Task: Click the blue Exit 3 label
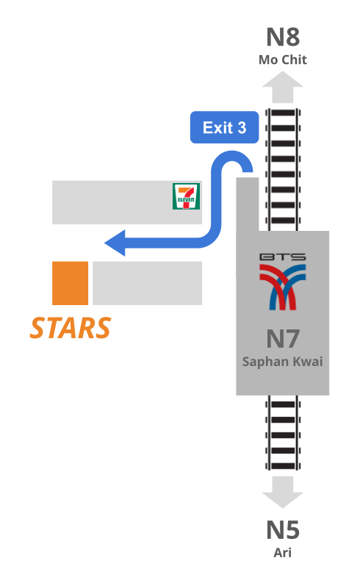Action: (x=224, y=127)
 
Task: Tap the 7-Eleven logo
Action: (x=186, y=196)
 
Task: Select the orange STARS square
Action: (x=71, y=283)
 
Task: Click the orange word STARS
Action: (x=71, y=328)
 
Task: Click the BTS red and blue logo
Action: (x=283, y=287)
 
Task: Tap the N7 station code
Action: (x=283, y=339)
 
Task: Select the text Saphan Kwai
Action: (x=283, y=362)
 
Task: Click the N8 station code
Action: (x=283, y=37)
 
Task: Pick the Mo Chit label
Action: (x=283, y=60)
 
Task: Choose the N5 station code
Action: (x=283, y=530)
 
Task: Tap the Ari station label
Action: (x=283, y=553)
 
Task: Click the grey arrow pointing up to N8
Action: (x=283, y=87)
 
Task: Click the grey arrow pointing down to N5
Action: (x=283, y=493)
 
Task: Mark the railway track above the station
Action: (x=283, y=170)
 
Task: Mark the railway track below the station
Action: (x=283, y=433)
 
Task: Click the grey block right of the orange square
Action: (x=147, y=283)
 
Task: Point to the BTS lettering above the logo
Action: (x=283, y=257)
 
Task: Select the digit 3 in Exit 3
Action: (x=242, y=127)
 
